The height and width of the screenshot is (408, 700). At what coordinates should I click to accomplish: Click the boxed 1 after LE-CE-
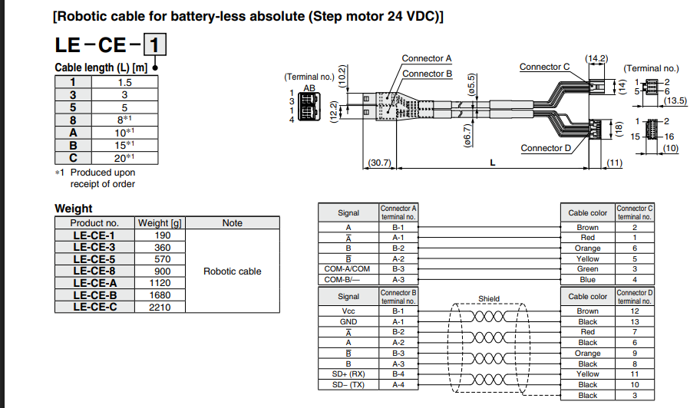click(154, 44)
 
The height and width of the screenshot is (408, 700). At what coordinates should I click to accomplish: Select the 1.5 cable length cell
click(124, 82)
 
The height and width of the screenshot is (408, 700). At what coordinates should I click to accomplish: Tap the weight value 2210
click(160, 307)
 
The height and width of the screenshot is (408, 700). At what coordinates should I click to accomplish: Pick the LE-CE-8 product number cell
click(94, 271)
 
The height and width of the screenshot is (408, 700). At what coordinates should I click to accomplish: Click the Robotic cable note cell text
click(232, 271)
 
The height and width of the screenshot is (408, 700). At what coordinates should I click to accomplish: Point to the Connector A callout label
click(426, 58)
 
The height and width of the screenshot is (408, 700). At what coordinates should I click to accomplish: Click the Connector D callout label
click(546, 148)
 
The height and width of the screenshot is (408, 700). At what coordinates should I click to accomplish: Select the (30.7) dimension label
click(379, 163)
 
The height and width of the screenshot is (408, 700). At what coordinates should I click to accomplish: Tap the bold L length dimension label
click(493, 163)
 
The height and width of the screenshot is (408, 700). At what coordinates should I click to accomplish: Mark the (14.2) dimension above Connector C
click(596, 58)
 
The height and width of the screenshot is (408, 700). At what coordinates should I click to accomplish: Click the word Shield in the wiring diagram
click(489, 299)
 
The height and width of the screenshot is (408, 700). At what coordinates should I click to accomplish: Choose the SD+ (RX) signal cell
click(348, 374)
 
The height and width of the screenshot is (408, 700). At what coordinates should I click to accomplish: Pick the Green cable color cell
click(587, 269)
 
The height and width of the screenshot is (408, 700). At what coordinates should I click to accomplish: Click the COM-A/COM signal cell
click(348, 269)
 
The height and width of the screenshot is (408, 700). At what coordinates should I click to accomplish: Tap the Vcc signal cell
click(348, 311)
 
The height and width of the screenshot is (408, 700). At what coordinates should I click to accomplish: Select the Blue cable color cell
click(587, 280)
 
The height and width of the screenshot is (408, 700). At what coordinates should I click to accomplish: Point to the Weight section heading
click(73, 209)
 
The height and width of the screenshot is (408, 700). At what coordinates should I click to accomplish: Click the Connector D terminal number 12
click(634, 311)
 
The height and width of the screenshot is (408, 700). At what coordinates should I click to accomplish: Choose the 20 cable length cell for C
click(124, 158)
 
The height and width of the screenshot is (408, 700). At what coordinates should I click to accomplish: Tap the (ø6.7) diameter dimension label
click(467, 135)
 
